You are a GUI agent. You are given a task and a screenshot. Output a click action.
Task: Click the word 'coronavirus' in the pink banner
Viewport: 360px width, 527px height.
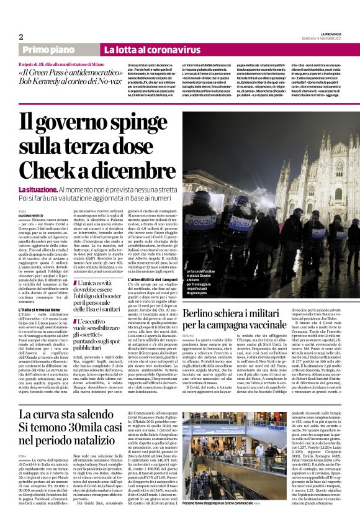(x=158, y=49)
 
